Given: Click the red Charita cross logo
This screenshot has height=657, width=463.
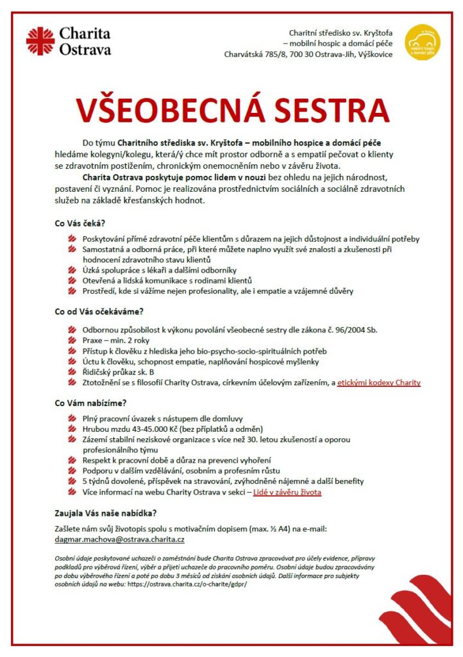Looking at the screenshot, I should [x=40, y=41].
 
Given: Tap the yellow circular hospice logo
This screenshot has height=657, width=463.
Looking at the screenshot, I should [x=423, y=42].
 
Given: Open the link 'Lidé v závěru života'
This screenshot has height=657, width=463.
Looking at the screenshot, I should [x=287, y=492].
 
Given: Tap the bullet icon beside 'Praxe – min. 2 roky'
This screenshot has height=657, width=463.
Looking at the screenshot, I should [x=72, y=341].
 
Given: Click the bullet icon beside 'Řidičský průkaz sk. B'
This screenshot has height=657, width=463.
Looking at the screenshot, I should [x=72, y=372].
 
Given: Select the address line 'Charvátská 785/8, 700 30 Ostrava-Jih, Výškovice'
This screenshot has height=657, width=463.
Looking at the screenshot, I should [x=308, y=55].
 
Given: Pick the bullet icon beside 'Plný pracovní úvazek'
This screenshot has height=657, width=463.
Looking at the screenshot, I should [x=72, y=418].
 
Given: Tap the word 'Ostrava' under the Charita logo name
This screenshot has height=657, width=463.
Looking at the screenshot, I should [x=85, y=49].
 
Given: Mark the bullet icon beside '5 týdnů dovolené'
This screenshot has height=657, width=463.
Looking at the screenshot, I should [x=72, y=481].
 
